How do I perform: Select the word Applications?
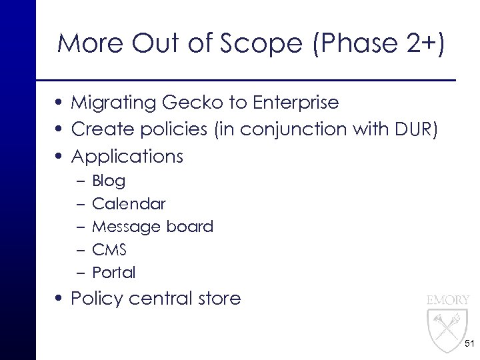(x=127, y=157)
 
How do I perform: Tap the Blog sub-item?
(x=109, y=181)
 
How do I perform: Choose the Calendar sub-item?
(x=129, y=203)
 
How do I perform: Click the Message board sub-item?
(x=153, y=227)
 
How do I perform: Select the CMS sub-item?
(x=109, y=249)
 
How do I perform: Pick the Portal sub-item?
(x=113, y=273)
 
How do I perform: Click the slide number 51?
(x=469, y=343)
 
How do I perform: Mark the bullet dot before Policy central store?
(x=61, y=299)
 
